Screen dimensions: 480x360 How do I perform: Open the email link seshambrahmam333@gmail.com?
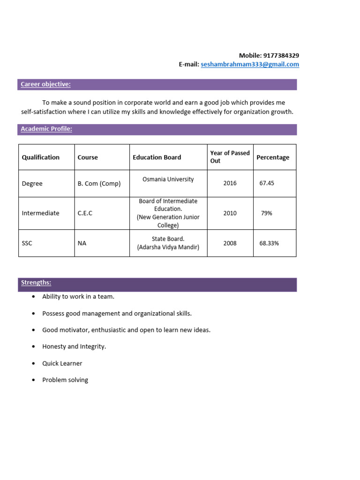point(249,64)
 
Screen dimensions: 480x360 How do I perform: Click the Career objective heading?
point(45,84)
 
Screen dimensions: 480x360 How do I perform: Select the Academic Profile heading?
point(46,129)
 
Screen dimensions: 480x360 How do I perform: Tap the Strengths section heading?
point(36,283)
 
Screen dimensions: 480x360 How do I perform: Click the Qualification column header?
point(41,157)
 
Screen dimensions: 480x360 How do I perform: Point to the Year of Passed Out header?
point(230,157)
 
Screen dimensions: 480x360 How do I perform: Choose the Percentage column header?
point(273,157)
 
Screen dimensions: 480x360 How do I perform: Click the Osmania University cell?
point(168,179)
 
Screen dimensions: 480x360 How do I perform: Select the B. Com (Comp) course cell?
point(99,184)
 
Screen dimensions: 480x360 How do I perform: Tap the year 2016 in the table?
point(230,183)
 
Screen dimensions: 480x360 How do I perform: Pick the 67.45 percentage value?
point(267,183)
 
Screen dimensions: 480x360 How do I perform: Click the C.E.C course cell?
point(85,213)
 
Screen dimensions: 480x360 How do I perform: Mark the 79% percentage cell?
point(266,213)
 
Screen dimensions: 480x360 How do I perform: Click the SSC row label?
point(27,243)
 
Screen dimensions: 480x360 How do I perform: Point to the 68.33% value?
point(269,243)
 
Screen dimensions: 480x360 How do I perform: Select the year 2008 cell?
point(230,243)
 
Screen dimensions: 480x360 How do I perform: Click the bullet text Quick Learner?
point(62,363)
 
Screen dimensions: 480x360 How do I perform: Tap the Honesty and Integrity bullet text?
point(74,346)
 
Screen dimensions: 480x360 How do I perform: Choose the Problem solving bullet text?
point(65,380)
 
